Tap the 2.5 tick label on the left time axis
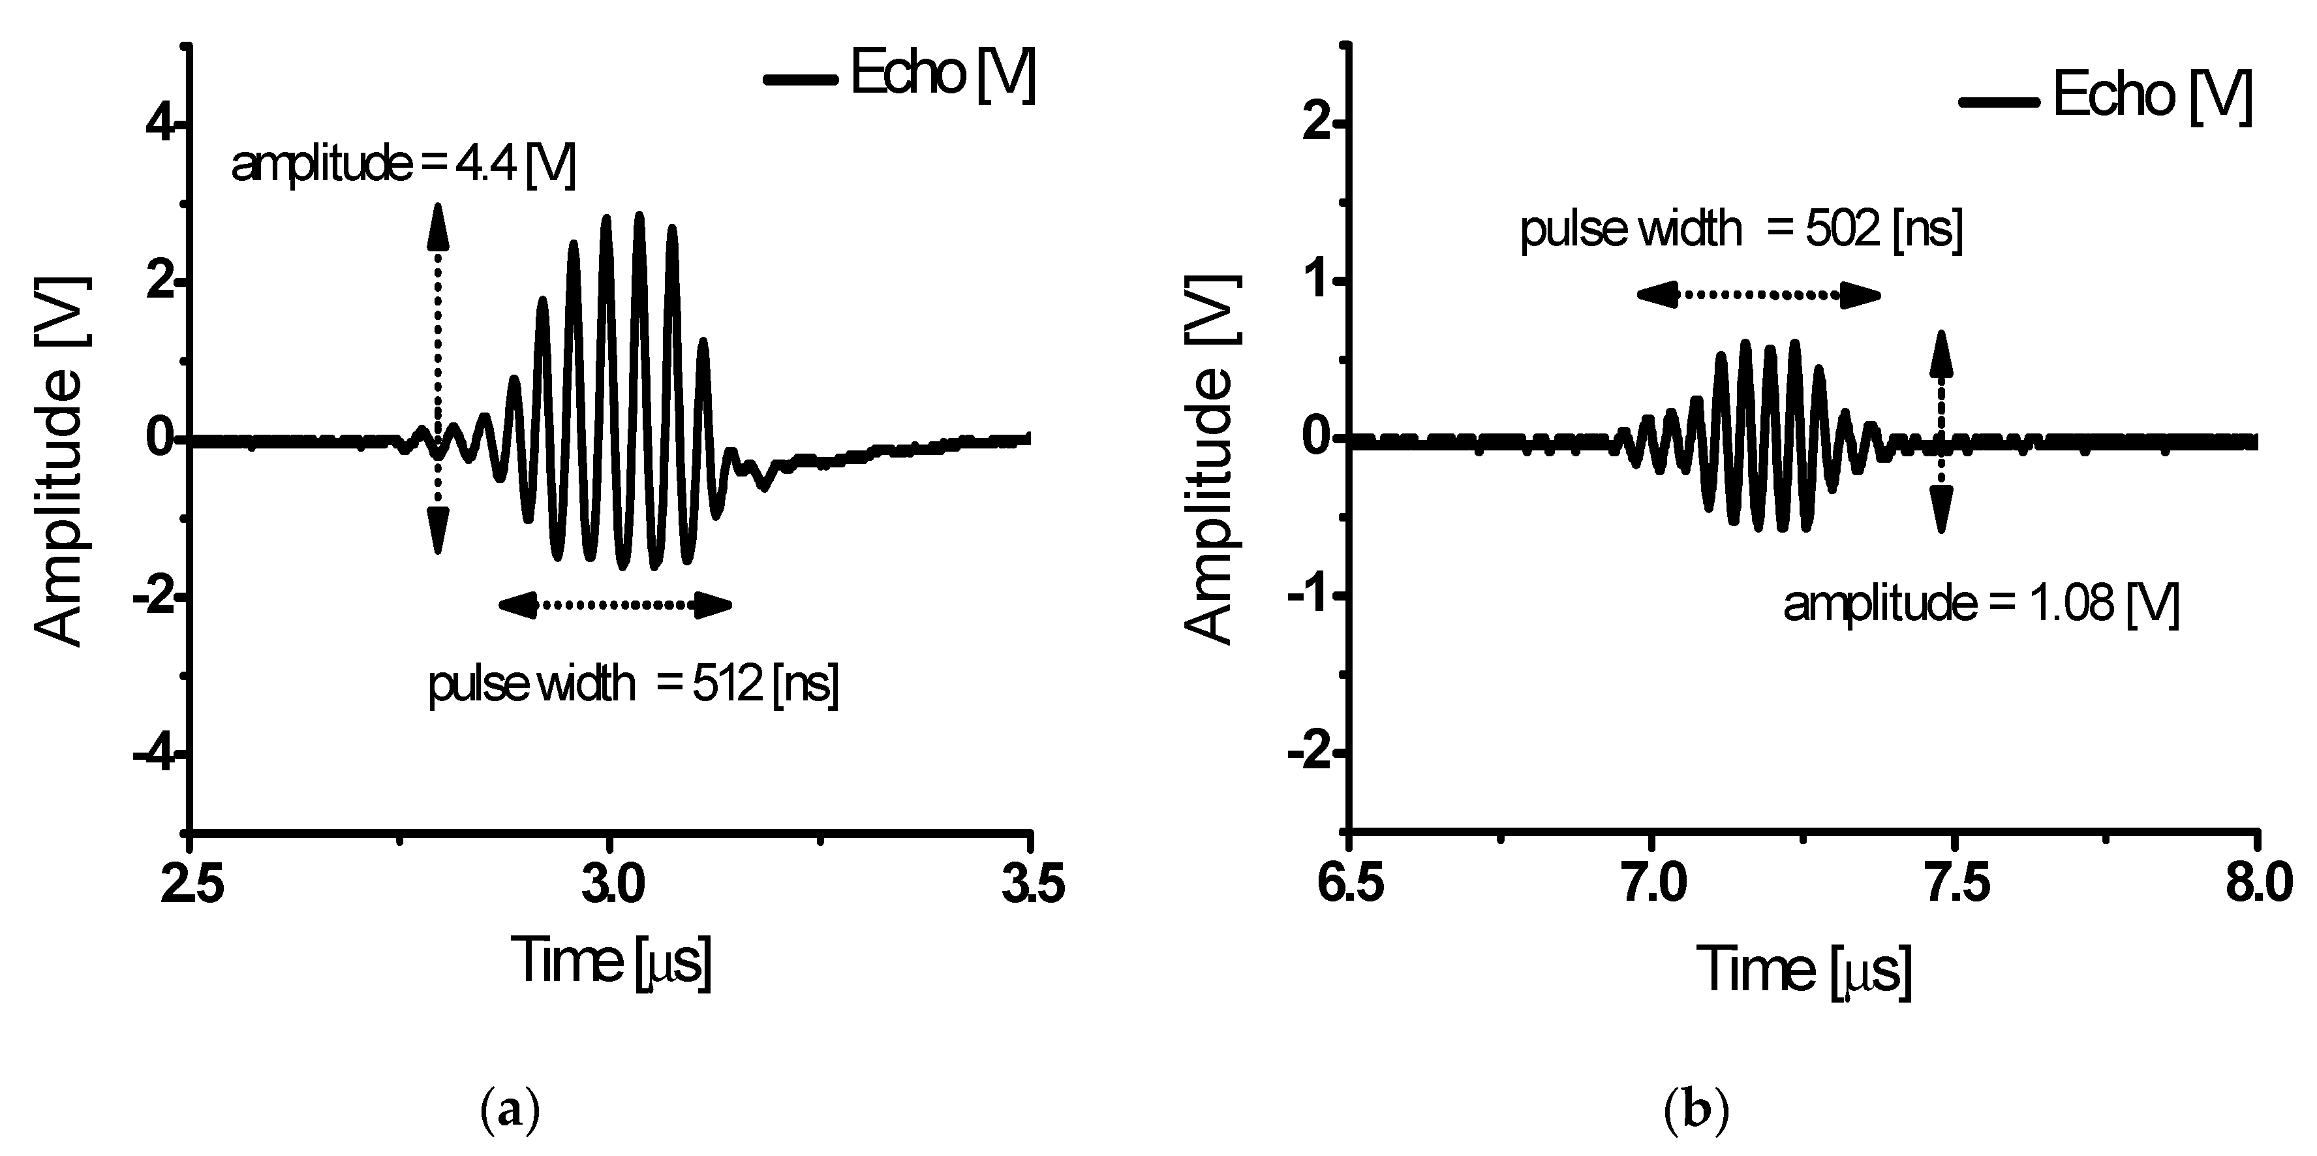(x=191, y=884)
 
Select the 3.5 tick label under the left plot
(x=1031, y=884)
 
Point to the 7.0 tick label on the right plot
(x=1650, y=884)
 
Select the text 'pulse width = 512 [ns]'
(x=632, y=685)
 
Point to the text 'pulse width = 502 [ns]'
(x=1740, y=228)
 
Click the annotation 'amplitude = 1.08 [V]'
(x=1980, y=604)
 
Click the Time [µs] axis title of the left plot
(x=611, y=961)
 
